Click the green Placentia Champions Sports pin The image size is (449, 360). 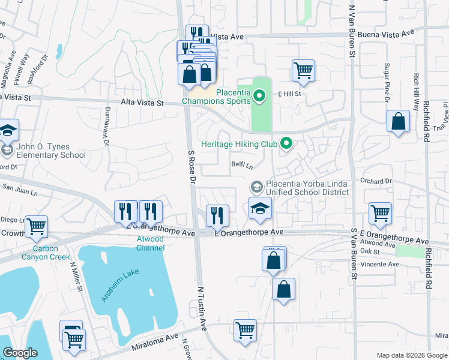259,95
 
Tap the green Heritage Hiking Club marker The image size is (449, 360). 286,143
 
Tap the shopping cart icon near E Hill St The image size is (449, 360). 303,70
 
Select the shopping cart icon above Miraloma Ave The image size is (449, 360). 245,331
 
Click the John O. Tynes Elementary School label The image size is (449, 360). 51,151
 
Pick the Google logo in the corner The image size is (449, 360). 20,353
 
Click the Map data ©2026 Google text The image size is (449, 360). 411,355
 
